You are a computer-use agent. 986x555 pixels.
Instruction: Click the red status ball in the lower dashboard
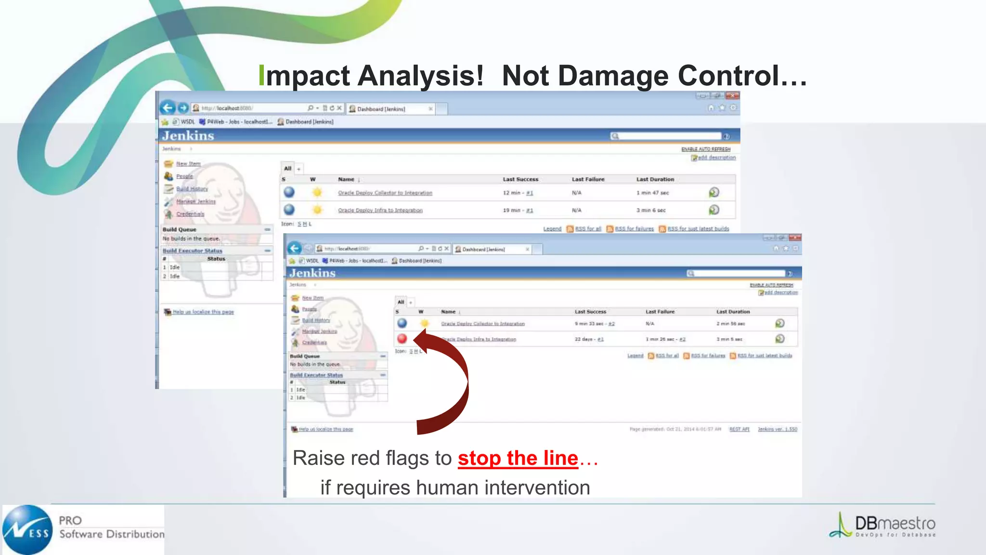point(402,339)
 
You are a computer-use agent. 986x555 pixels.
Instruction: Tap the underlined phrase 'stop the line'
point(518,458)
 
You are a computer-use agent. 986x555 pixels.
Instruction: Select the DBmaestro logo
point(882,526)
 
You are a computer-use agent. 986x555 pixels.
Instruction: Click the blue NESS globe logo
point(27,529)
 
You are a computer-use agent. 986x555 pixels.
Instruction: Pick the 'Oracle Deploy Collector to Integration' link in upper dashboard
point(385,193)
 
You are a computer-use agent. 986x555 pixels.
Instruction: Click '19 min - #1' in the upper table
point(518,211)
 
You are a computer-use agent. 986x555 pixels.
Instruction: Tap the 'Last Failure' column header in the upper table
point(588,179)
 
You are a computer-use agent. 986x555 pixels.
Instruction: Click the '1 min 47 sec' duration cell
point(652,193)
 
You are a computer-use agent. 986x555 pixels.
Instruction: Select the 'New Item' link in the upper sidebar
point(188,164)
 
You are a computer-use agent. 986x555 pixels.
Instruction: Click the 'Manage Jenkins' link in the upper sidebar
point(195,201)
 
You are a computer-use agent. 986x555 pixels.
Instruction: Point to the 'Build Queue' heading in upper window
point(179,230)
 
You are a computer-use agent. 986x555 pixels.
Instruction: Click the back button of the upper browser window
point(167,108)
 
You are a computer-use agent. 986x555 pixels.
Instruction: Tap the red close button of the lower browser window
point(795,238)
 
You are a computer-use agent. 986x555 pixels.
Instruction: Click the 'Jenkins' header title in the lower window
point(312,273)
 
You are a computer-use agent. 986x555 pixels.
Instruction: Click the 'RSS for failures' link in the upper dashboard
point(634,229)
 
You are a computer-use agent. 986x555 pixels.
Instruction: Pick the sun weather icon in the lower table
point(424,323)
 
